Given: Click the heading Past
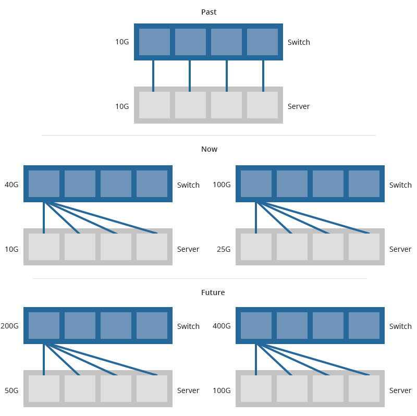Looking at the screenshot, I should pos(208,12).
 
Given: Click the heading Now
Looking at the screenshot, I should pos(209,149).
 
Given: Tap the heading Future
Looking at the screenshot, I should pos(213,292).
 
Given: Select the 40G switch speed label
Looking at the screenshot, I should pos(11,185).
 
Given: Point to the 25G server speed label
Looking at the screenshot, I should pos(223,249).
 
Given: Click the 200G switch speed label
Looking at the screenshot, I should pos(9,326).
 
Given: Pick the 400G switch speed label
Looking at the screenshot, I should pos(222,326).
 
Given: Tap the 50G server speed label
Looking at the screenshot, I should pos(11,390).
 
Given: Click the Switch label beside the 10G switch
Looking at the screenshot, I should pos(299,42).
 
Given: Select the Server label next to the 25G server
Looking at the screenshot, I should pos(400,249).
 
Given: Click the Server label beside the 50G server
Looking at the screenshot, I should pos(188,390).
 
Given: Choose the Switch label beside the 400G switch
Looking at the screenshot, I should pos(400,326).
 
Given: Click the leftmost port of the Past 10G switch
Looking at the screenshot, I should pos(154,42).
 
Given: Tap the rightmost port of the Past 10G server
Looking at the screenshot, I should pos(262,105).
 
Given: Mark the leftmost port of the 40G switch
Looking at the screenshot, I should pos(44,183).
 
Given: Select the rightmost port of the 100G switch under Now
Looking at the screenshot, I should pos(364,183).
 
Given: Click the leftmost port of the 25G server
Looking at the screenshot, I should pos(256,247).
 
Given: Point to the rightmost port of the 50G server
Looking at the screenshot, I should pos(152,388).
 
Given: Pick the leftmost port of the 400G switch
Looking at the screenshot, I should pos(256,325).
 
